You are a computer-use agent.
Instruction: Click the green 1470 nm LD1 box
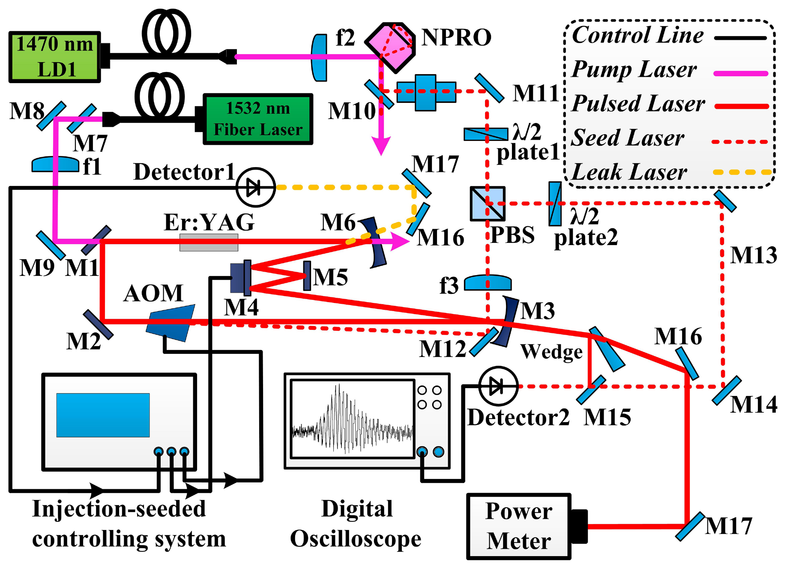tap(54, 57)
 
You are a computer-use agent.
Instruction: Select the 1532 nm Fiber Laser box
tap(257, 119)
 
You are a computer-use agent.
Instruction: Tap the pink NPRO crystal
tap(391, 47)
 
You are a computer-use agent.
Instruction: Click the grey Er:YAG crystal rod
tap(209, 242)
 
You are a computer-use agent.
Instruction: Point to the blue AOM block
tap(171, 323)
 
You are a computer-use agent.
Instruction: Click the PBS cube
tap(488, 204)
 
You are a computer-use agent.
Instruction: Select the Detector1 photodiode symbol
tap(255, 187)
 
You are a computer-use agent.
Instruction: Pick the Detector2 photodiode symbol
tap(498, 386)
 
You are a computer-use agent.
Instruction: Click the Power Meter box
tap(518, 526)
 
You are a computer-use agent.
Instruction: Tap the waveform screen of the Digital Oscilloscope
tap(352, 419)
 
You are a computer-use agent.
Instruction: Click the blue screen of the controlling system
tap(103, 415)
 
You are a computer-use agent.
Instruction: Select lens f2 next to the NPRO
tap(319, 58)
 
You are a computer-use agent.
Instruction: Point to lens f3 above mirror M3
tap(488, 283)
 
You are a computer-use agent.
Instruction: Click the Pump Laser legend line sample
tap(740, 73)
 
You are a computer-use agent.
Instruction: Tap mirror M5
tap(307, 276)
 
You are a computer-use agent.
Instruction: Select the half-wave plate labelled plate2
tap(555, 204)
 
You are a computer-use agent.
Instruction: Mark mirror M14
tap(726, 390)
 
